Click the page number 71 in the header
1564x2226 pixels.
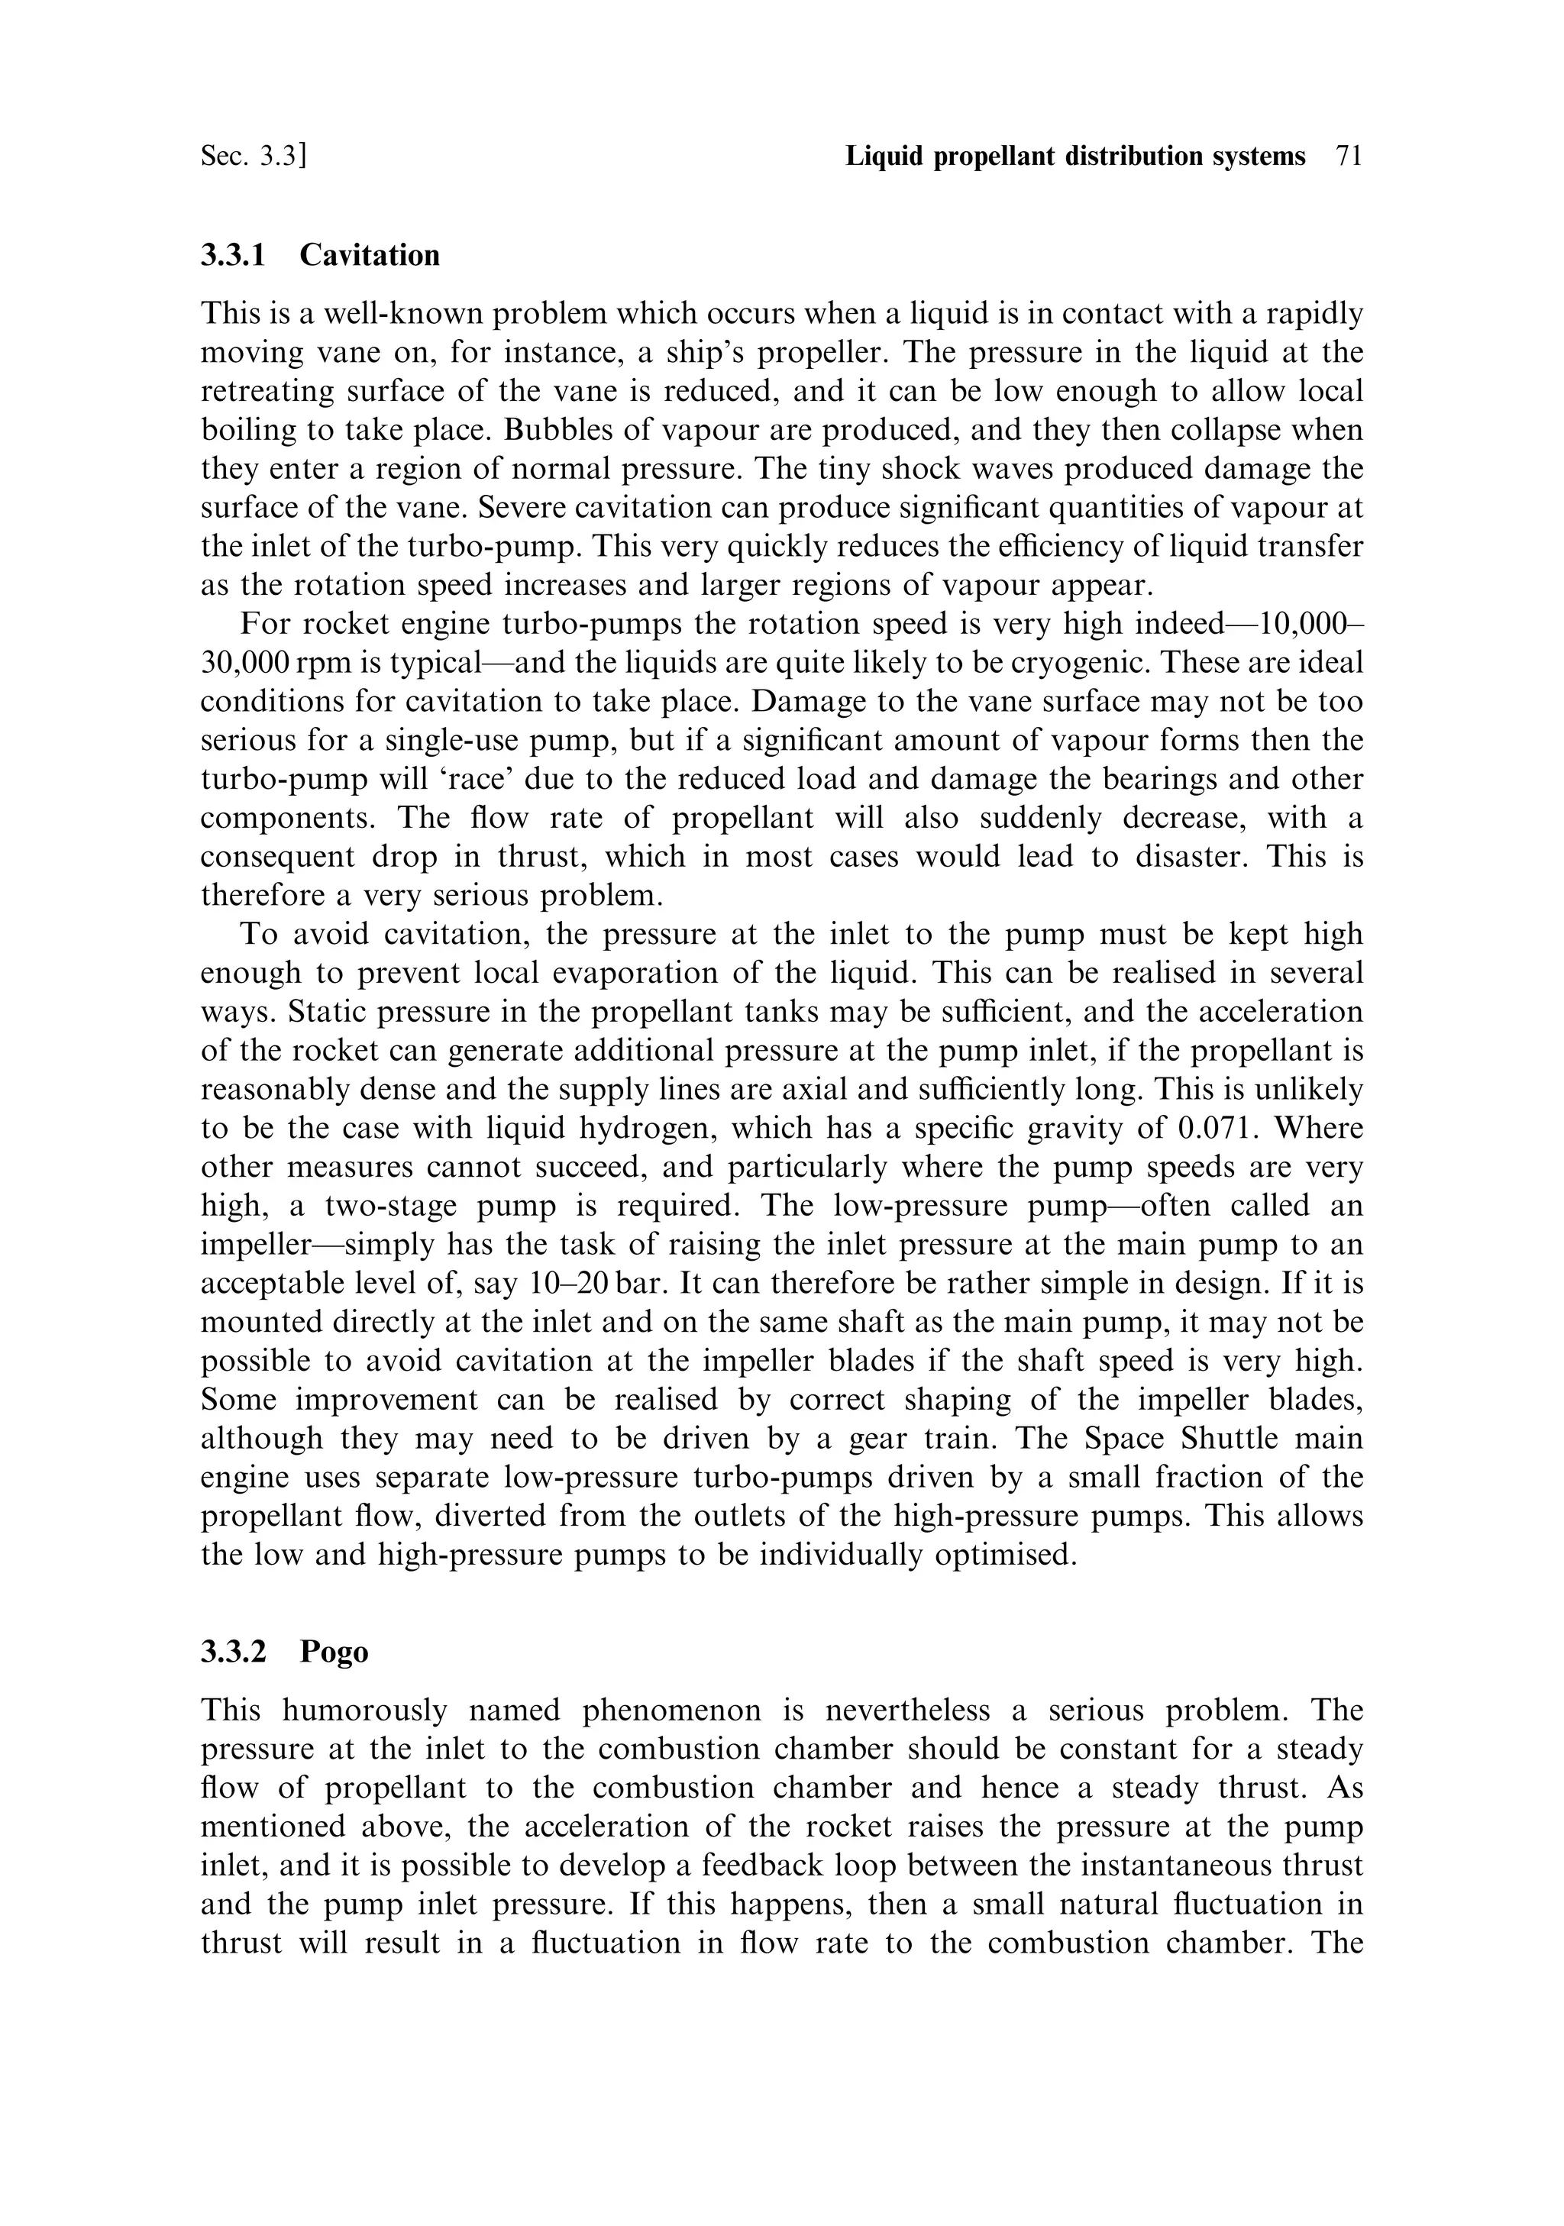[x=1349, y=156]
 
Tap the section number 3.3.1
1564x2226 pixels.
[x=233, y=255]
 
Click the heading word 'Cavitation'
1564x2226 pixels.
[x=370, y=255]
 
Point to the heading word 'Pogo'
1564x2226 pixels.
[x=334, y=1651]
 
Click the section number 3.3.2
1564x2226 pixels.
[x=233, y=1651]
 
